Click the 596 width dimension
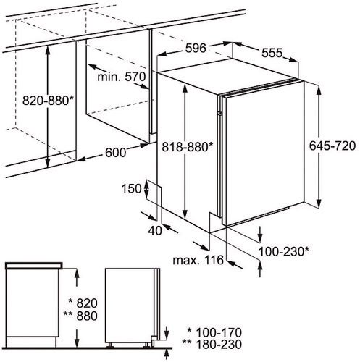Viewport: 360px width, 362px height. [196, 48]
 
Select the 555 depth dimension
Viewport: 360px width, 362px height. [272, 53]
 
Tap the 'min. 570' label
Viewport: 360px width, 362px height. [122, 77]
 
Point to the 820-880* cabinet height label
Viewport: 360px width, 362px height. [48, 101]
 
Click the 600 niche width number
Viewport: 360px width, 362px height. [115, 153]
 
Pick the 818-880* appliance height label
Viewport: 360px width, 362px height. [188, 146]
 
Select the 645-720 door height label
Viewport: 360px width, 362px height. [332, 146]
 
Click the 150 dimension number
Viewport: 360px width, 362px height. [131, 188]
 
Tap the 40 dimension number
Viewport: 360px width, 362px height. [155, 231]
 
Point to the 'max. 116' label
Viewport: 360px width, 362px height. [198, 260]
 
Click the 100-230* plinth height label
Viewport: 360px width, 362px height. [284, 252]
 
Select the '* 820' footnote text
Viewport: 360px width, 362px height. [83, 303]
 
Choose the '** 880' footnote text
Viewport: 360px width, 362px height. [80, 316]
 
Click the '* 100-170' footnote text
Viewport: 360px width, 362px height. [214, 332]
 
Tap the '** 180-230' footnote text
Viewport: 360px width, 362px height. [212, 344]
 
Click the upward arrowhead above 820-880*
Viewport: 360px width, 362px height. [48, 49]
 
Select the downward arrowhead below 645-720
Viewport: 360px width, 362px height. [319, 203]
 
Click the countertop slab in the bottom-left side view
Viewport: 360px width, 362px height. [34, 266]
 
